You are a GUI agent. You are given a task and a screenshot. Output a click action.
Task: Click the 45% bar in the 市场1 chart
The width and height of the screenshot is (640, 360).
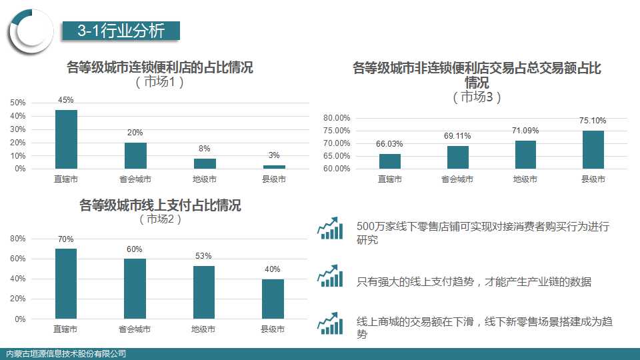tap(66, 139)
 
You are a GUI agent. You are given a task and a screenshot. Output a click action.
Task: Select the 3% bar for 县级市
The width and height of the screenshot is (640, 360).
tap(273, 167)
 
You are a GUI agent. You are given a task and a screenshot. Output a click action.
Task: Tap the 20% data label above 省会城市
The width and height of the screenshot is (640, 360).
tap(135, 133)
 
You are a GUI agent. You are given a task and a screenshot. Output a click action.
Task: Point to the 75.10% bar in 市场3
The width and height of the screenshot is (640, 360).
tap(593, 149)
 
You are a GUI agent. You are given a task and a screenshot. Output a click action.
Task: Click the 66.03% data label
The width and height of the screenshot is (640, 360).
tap(389, 144)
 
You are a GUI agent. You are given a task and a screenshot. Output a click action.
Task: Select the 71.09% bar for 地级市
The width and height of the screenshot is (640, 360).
tap(525, 155)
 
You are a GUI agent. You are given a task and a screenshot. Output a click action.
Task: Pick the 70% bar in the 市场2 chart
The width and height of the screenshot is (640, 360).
tap(66, 283)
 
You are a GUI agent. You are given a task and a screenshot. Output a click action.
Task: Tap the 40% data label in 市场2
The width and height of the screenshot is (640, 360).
tap(272, 269)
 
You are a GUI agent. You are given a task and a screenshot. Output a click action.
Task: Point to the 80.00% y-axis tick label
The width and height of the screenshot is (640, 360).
tap(337, 118)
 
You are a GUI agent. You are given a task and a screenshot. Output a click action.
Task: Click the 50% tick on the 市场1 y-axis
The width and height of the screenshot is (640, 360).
tap(18, 103)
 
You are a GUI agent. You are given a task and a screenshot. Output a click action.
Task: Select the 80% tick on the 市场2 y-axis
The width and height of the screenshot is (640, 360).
tap(18, 239)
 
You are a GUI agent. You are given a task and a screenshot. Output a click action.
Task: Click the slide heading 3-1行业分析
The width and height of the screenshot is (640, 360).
tap(121, 30)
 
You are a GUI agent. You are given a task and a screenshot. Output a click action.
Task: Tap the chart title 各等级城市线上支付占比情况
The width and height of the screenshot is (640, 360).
tap(160, 205)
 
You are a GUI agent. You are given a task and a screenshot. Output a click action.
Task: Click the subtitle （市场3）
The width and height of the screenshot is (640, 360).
tap(477, 97)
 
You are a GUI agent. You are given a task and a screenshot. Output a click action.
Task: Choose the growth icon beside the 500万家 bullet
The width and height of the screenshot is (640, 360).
tap(330, 228)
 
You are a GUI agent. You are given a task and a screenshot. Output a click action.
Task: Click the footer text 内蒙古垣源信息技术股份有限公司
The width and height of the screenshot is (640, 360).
tap(65, 354)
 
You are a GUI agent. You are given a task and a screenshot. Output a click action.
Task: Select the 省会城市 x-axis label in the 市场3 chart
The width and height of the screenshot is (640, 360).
tap(457, 179)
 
